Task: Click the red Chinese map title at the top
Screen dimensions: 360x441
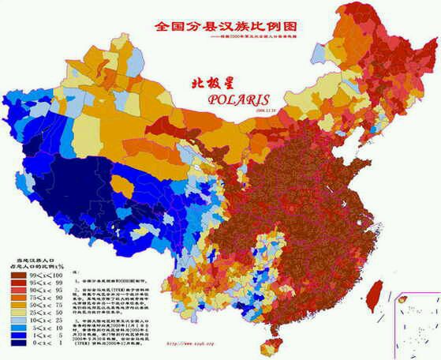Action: click(220, 26)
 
